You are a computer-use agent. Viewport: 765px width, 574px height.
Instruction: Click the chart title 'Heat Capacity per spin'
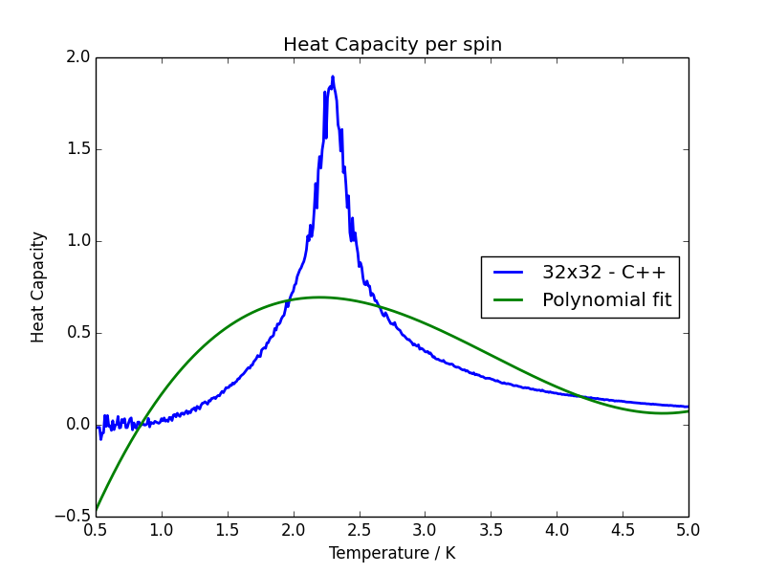[x=392, y=45]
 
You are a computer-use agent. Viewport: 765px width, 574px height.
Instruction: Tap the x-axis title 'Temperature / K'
[x=392, y=553]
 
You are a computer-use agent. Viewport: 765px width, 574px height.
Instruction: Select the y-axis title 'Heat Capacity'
[x=38, y=287]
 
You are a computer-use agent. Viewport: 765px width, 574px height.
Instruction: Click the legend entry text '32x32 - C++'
[x=604, y=273]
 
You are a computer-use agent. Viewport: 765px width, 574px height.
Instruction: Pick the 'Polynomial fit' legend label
[x=606, y=300]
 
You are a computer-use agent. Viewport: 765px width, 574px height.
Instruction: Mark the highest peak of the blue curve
[x=333, y=77]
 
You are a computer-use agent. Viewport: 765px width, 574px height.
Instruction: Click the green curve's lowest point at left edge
[x=96, y=510]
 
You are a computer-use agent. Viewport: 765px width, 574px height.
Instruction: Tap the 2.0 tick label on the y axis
[x=77, y=57]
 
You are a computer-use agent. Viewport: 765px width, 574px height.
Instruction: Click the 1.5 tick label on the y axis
[x=77, y=149]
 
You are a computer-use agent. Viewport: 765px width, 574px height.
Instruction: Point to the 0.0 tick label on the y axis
[x=77, y=425]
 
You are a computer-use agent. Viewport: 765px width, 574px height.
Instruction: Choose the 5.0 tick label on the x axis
[x=688, y=530]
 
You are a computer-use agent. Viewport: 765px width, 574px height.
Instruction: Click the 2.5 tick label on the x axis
[x=359, y=530]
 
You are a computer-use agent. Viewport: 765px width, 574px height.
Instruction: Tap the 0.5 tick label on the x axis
[x=96, y=530]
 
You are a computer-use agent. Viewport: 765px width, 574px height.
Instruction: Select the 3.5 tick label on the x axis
[x=491, y=530]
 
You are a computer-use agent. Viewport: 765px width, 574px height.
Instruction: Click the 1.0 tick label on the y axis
[x=77, y=241]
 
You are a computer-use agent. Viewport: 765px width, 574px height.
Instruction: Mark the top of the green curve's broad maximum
[x=319, y=297]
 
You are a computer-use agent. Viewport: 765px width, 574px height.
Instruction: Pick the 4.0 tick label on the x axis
[x=557, y=530]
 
